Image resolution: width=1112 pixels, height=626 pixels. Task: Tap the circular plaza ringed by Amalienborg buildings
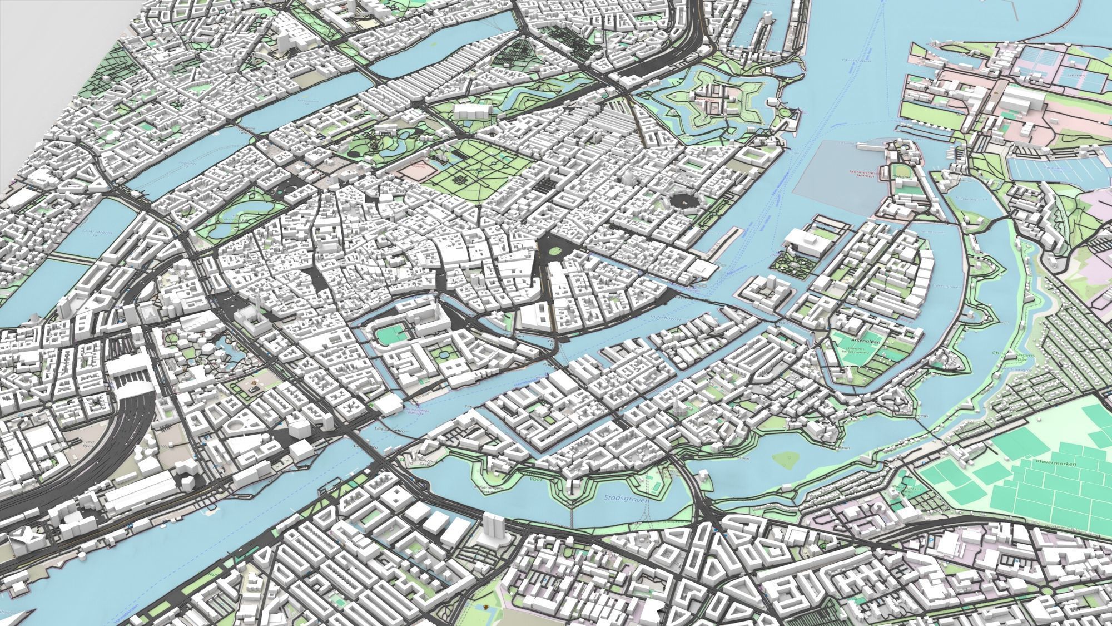coord(679,200)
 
